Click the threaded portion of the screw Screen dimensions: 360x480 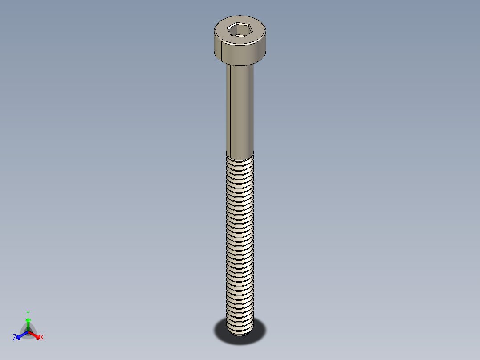pyautogui.click(x=240, y=236)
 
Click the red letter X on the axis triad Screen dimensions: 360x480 pyautogui.click(x=42, y=338)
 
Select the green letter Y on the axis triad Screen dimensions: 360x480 pyautogui.click(x=28, y=313)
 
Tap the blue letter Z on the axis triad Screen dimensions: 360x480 pyautogui.click(x=15, y=337)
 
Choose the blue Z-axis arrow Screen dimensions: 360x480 pyautogui.click(x=21, y=335)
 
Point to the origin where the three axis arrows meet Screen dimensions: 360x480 pyautogui.click(x=28, y=331)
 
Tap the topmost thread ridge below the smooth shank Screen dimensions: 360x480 pyautogui.click(x=240, y=160)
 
